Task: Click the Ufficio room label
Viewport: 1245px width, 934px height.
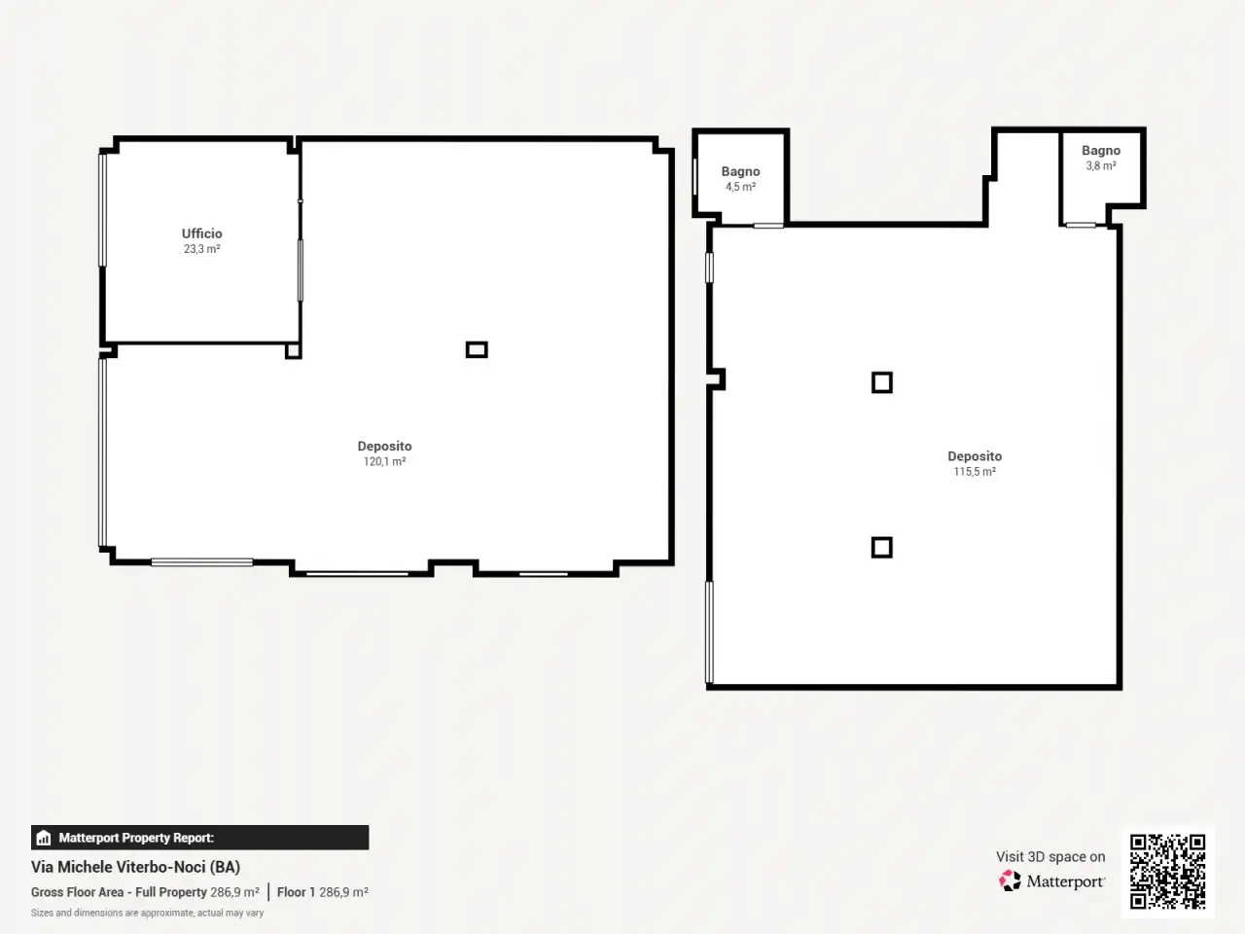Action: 202,233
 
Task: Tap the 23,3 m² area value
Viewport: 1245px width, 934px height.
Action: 202,249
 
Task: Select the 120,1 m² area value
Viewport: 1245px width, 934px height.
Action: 384,461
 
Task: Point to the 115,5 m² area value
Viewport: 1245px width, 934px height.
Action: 975,472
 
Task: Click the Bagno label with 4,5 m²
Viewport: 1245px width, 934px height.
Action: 740,171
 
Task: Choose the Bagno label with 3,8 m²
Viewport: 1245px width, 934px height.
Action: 1101,150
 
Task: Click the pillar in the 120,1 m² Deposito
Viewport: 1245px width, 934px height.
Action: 477,349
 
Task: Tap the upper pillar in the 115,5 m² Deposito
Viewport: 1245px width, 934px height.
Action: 882,382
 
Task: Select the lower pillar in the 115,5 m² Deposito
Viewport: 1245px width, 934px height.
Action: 882,548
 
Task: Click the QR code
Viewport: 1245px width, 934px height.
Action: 1167,872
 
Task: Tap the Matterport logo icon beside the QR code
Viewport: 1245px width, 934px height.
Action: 1010,880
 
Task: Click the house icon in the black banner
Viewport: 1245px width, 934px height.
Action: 44,838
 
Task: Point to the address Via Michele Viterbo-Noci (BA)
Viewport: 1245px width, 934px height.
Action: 135,867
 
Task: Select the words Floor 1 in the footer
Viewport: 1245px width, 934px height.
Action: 296,892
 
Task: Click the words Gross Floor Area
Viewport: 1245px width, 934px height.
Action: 77,892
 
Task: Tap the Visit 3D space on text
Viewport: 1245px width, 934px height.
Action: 1050,856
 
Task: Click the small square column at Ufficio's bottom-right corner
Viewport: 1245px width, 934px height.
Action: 293,350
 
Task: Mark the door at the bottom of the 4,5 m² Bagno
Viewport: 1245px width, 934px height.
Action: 768,226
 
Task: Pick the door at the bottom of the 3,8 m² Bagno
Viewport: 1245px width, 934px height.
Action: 1081,225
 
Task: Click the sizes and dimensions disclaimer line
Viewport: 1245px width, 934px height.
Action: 148,913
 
